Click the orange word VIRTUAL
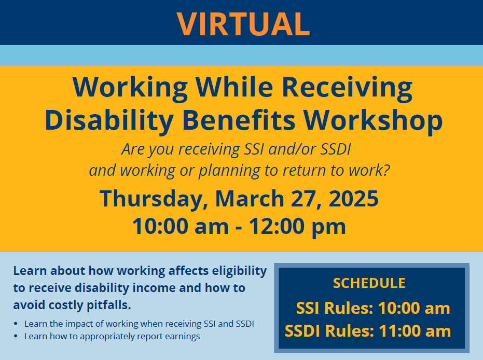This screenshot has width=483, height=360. pos(243,23)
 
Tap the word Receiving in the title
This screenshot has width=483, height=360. pos(347,88)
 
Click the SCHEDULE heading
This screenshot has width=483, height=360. pos(369,283)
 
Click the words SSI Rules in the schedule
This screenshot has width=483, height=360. pos(335,308)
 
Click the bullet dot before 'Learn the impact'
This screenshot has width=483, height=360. pos(17,324)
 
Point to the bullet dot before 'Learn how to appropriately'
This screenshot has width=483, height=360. pos(17,337)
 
